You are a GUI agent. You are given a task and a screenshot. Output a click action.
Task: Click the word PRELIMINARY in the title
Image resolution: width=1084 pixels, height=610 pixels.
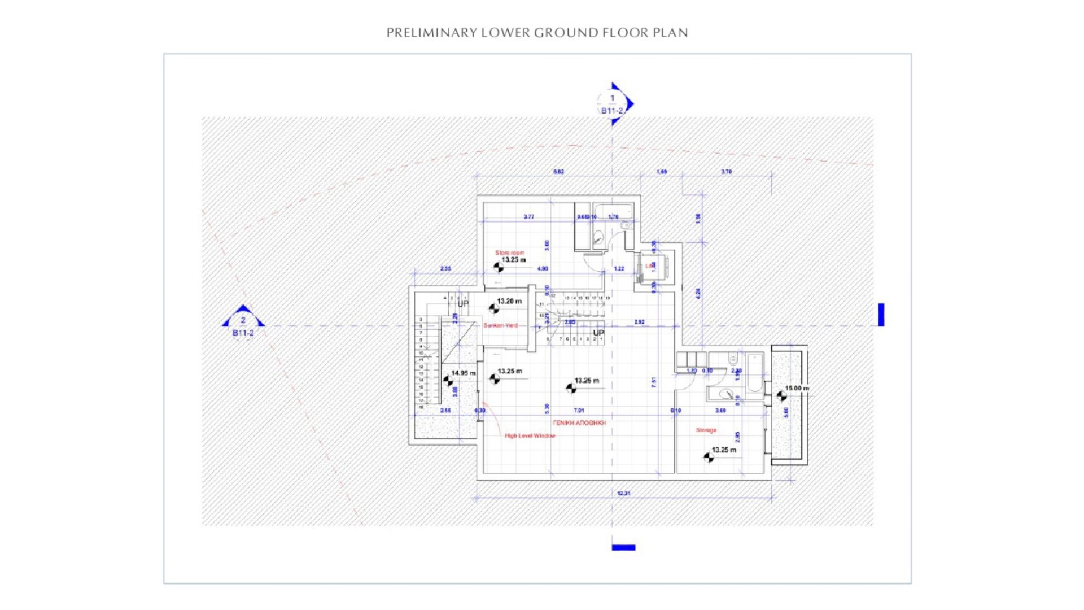click(x=431, y=33)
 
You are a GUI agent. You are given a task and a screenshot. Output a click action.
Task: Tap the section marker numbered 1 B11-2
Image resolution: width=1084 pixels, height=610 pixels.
click(x=613, y=104)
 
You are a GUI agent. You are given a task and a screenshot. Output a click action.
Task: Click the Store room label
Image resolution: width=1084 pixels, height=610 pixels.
click(x=509, y=252)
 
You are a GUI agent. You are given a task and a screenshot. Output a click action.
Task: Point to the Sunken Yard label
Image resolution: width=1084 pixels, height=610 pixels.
click(x=500, y=325)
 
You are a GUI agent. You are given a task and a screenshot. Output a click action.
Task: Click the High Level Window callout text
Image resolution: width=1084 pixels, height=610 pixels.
click(x=530, y=435)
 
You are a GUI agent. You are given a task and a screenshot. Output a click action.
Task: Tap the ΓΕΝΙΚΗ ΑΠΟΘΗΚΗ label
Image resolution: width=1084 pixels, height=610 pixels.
click(x=579, y=422)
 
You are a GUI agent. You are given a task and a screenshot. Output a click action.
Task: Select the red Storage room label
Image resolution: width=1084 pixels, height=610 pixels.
click(x=706, y=430)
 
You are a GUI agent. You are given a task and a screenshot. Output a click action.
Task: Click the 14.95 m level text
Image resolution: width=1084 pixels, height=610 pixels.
click(x=463, y=373)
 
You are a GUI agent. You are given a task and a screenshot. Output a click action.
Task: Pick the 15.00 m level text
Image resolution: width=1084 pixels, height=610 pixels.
click(x=797, y=388)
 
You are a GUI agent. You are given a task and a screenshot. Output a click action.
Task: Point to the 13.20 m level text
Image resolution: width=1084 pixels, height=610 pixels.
click(x=509, y=301)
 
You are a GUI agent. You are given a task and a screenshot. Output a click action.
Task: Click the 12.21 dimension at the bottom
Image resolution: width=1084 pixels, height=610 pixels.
click(x=623, y=493)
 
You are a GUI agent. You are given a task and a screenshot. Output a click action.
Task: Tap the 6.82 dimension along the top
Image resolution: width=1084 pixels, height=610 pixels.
click(x=558, y=172)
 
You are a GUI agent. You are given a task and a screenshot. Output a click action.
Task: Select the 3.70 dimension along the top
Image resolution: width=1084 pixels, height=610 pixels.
click(x=726, y=172)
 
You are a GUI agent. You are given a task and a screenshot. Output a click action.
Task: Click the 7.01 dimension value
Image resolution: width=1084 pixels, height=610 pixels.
click(x=579, y=411)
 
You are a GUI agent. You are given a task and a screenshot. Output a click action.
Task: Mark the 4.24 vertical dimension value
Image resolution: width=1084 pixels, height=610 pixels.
click(x=698, y=294)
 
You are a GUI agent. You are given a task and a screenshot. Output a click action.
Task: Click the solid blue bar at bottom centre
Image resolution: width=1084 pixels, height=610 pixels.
click(x=623, y=547)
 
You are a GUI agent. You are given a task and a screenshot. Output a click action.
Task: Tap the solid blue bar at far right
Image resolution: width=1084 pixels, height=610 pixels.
click(x=881, y=315)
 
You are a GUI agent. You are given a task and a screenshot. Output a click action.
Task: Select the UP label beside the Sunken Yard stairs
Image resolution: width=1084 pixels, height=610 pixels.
click(x=463, y=304)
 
